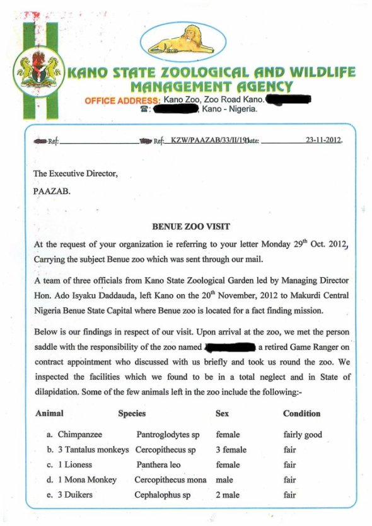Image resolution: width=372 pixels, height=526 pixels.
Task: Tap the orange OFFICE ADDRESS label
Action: pos(122,101)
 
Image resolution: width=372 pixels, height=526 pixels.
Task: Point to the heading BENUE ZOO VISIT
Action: pos(190,226)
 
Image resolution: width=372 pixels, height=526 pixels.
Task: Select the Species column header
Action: pos(132,414)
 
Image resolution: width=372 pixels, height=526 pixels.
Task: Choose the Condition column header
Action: pos(301,414)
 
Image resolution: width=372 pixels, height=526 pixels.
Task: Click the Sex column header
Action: pos(223,414)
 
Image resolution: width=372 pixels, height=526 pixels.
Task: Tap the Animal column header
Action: pos(49,414)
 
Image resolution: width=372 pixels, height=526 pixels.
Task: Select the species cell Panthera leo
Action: pos(158,465)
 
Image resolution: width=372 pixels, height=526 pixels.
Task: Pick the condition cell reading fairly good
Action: pos(303,435)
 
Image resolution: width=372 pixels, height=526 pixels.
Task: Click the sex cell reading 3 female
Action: pos(231,450)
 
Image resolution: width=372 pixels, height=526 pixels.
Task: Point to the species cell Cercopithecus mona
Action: pos(170,480)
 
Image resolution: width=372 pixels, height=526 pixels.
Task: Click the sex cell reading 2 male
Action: pos(228,495)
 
